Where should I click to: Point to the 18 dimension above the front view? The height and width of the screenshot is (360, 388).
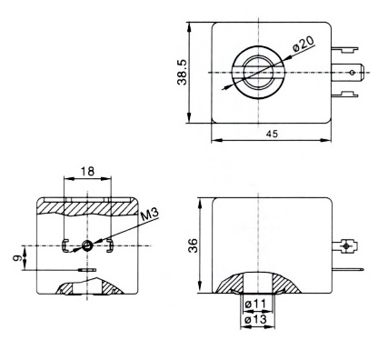point(85,171)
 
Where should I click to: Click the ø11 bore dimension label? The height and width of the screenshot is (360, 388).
point(258,303)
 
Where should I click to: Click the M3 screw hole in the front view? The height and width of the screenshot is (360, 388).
point(86,246)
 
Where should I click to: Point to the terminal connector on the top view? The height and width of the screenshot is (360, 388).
point(353,70)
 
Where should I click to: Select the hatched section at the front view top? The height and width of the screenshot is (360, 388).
point(86,207)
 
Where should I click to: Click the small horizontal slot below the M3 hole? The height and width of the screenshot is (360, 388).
point(86,270)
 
